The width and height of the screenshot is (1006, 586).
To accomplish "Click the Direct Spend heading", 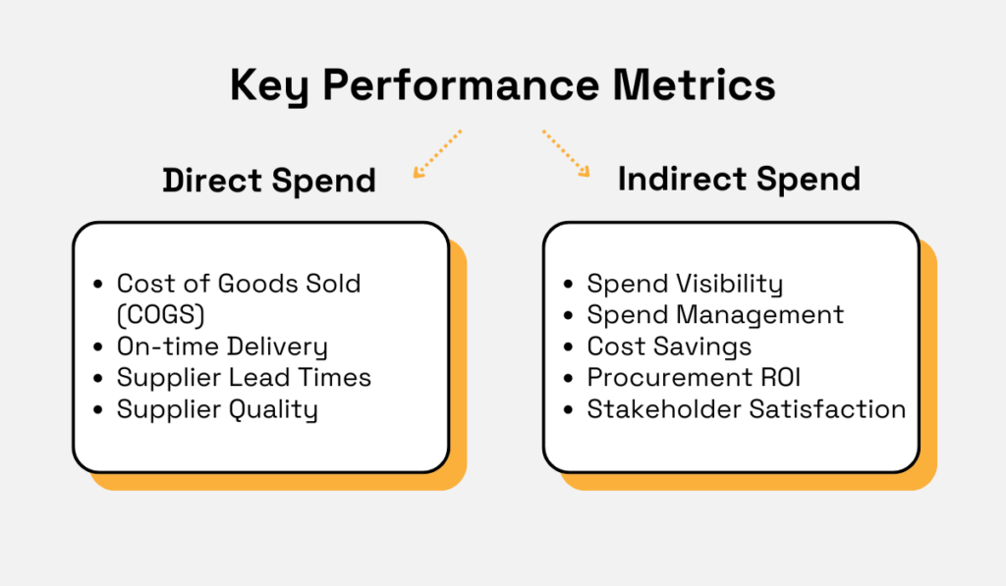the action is click(x=269, y=181).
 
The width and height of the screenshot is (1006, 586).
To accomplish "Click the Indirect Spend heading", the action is click(x=739, y=179).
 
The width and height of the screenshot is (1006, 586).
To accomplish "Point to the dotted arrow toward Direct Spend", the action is click(x=436, y=153).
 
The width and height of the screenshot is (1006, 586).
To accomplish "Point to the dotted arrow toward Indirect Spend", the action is click(x=566, y=153).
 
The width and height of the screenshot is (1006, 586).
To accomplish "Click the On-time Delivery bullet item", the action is click(x=222, y=346).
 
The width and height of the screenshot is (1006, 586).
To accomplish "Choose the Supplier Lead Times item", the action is click(x=244, y=378).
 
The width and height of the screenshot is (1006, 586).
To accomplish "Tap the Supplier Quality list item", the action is click(x=217, y=409).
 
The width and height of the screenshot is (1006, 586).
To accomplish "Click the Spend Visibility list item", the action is click(x=685, y=285).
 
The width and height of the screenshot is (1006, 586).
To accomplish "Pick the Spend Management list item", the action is click(x=715, y=315).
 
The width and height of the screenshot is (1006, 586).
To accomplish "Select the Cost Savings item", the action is click(x=669, y=346).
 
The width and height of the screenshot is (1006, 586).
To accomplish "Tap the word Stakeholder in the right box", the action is click(x=663, y=409).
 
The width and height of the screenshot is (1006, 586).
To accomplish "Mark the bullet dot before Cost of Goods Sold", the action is click(x=97, y=285).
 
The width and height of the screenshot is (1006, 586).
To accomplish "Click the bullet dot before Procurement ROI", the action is click(x=568, y=379).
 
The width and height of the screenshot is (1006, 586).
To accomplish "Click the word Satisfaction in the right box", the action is click(x=827, y=409).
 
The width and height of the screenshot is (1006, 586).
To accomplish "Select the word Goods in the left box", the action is click(x=248, y=284).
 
